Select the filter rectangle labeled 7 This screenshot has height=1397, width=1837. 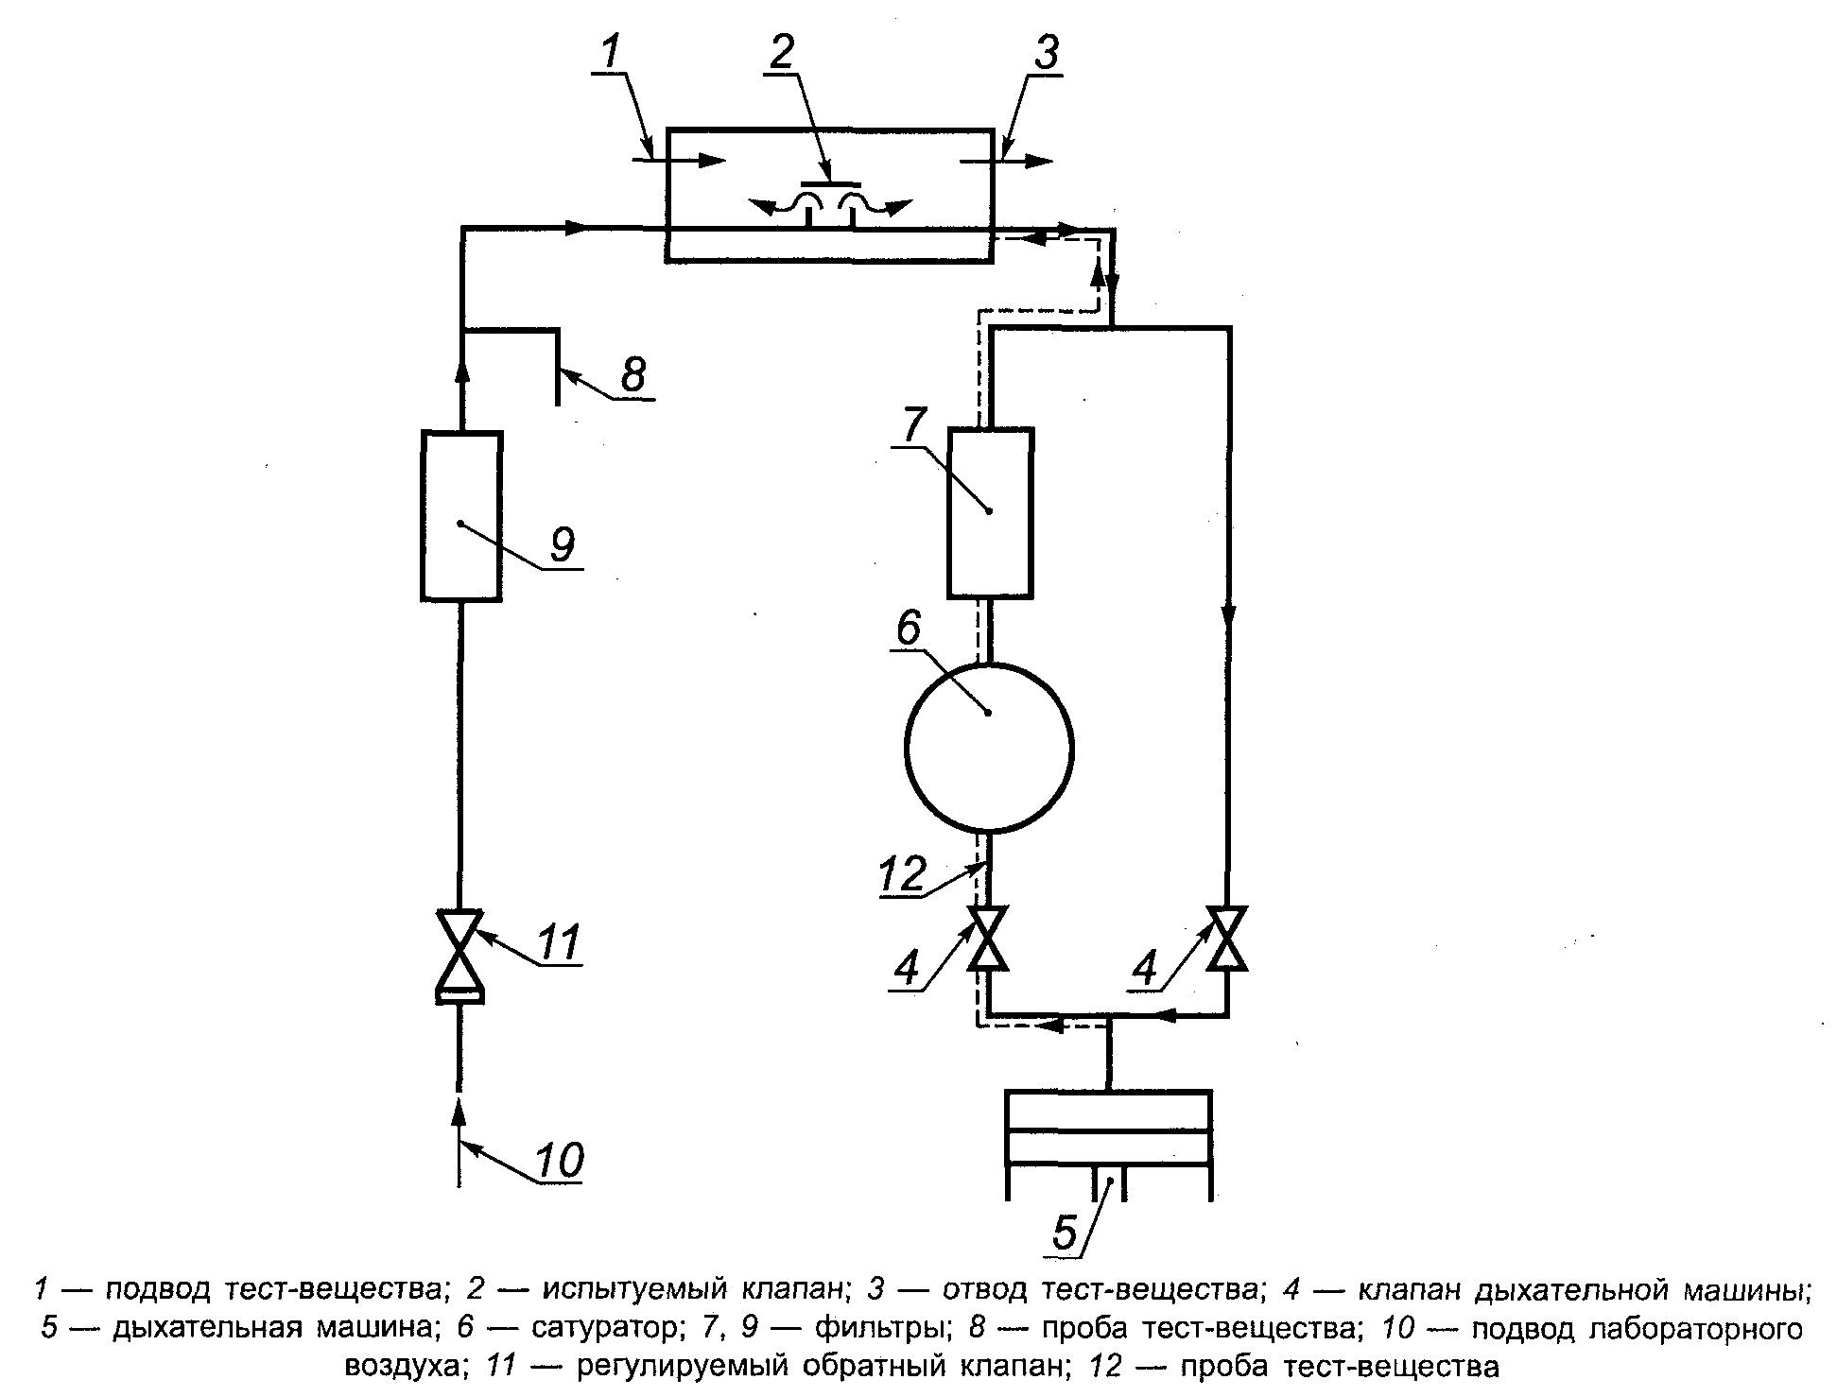990,512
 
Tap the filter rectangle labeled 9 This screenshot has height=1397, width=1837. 460,516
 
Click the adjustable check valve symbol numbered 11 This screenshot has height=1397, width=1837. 459,955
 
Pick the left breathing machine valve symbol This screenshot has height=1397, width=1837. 989,938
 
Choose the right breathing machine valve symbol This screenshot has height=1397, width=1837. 1228,938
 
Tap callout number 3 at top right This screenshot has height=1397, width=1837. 1045,55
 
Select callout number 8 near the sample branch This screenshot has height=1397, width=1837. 633,374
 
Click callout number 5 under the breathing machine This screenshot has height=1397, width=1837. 1066,1233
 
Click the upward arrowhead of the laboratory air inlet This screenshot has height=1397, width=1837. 459,1112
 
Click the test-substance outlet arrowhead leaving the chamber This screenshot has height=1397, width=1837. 1037,161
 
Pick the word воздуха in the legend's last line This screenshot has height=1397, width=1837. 403,1368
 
